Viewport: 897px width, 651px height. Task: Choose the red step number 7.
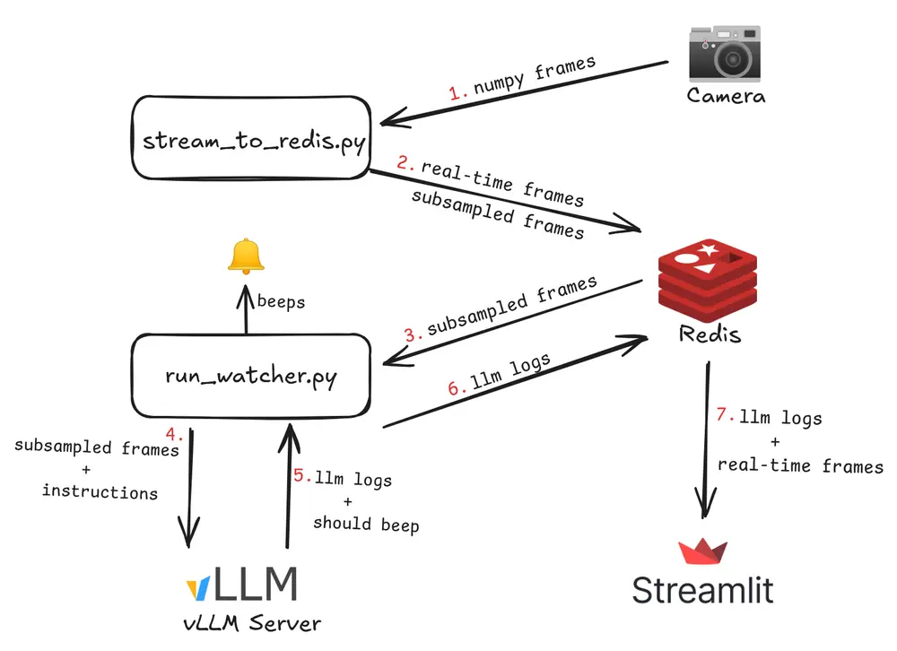(725, 416)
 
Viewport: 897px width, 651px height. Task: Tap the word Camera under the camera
(726, 94)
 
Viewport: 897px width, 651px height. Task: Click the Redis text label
(710, 334)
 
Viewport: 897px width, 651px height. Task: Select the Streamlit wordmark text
(702, 590)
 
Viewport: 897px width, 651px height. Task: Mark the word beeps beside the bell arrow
(281, 301)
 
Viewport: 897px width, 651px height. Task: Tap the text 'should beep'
(366, 524)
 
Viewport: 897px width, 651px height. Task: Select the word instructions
(100, 491)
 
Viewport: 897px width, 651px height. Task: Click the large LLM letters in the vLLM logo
(256, 585)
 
